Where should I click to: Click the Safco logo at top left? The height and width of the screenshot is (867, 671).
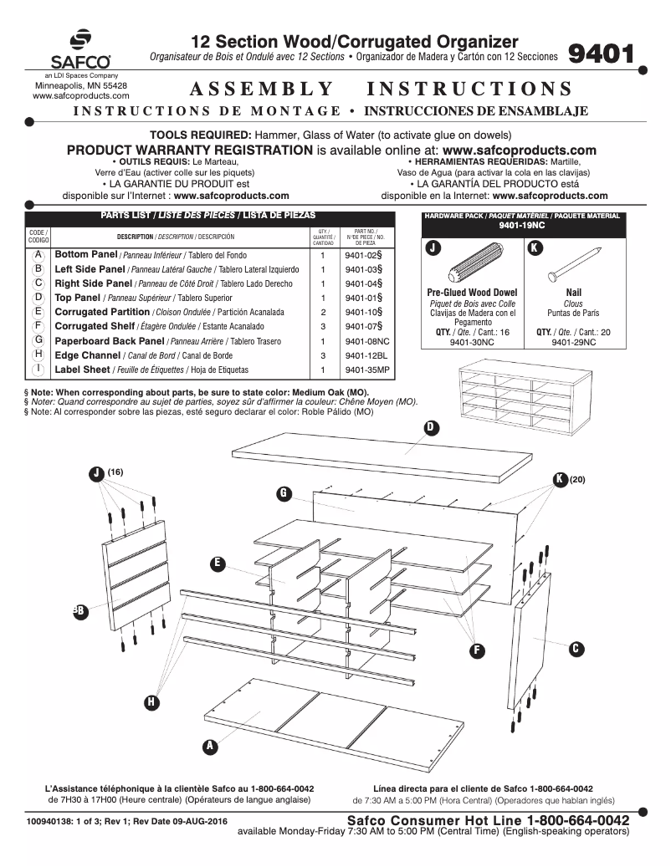80,51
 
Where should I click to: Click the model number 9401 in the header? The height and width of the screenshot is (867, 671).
601,54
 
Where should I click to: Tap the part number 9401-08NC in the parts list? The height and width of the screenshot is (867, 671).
366,341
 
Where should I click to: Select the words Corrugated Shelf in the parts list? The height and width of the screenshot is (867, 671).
95,326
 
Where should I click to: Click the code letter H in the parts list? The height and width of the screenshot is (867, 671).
38,354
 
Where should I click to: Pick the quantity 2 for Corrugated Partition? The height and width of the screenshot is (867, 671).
322,312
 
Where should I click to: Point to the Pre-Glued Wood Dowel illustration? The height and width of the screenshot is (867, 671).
474,268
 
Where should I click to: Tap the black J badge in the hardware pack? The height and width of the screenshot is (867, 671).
433,247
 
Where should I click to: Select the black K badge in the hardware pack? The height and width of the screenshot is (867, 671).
535,247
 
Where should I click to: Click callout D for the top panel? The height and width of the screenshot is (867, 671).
431,427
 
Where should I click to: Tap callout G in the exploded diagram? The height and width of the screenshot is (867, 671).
284,493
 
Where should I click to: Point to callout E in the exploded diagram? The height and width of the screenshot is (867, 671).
218,563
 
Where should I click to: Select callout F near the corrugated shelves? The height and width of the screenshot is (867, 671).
477,649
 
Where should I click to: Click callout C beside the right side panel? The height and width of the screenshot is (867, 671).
576,649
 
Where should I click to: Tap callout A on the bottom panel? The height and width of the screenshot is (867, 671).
209,744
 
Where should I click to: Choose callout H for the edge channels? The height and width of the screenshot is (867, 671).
151,701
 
